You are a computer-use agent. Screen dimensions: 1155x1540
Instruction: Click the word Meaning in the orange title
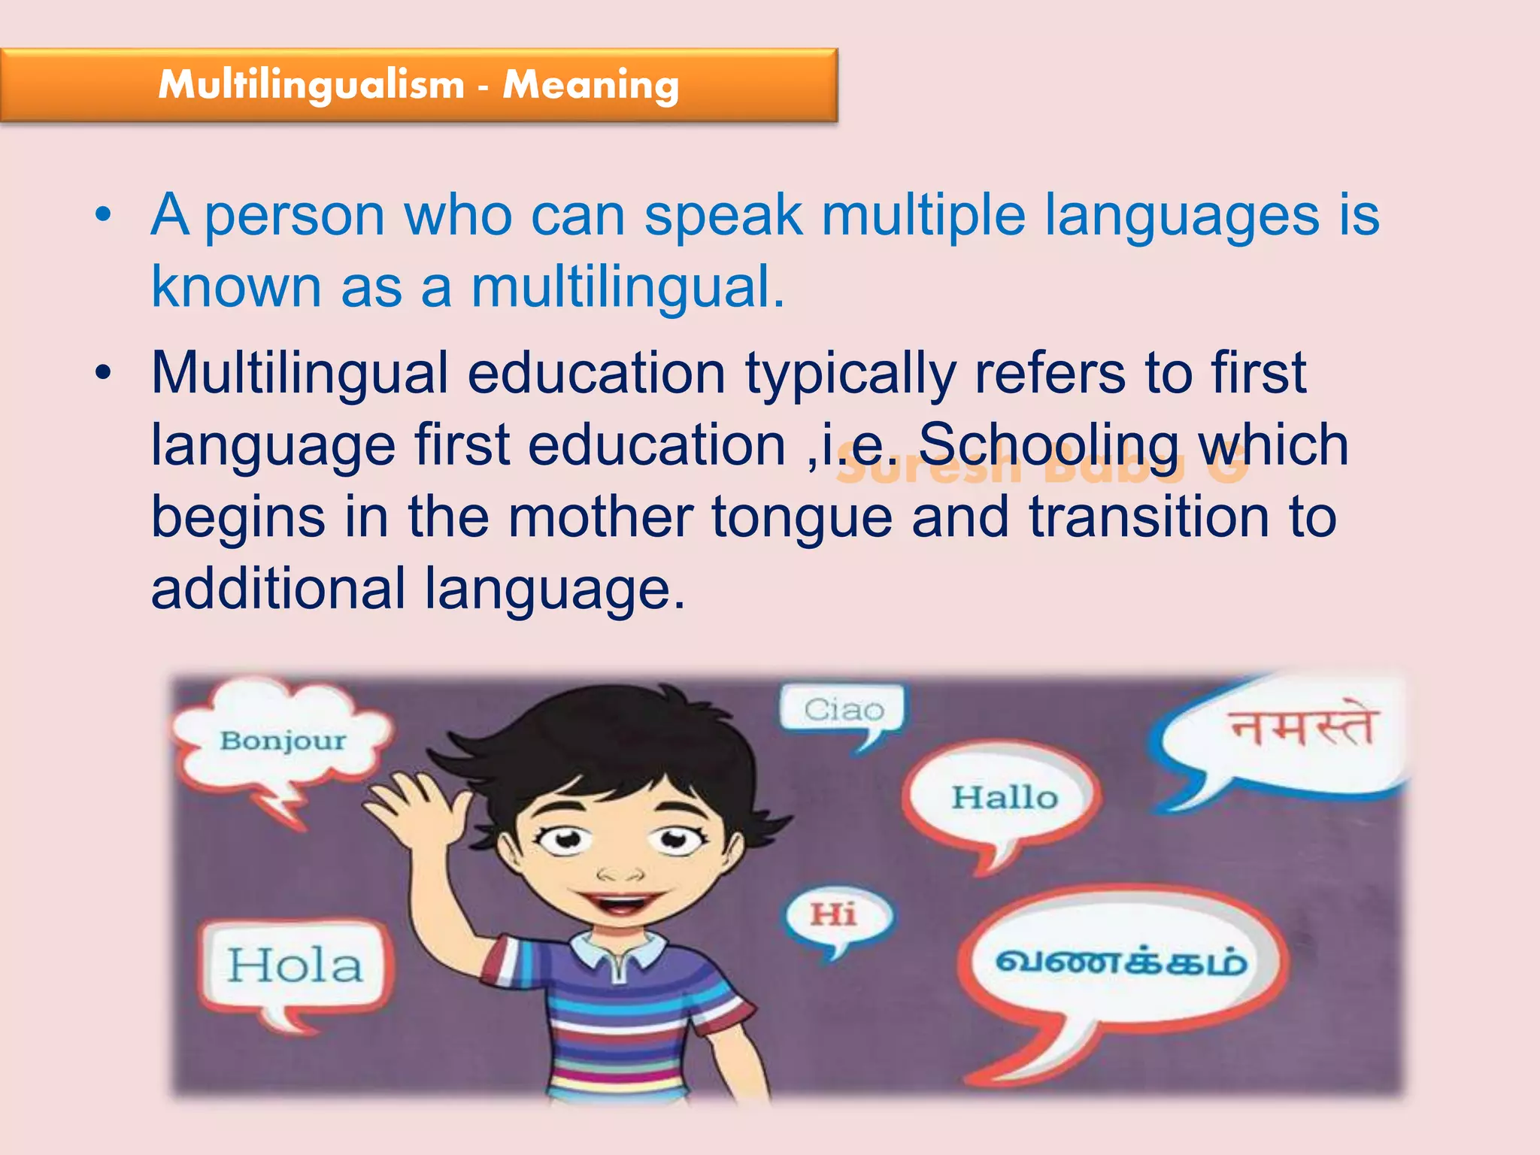coord(591,85)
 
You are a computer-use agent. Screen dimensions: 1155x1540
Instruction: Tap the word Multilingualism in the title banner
coord(311,83)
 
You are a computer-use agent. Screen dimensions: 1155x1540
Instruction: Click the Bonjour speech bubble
coord(283,740)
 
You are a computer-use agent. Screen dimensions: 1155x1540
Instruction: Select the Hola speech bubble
coord(296,966)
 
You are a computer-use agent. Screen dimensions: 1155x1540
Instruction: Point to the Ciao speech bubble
coord(844,709)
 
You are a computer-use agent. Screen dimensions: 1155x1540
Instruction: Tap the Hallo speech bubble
coord(1004,798)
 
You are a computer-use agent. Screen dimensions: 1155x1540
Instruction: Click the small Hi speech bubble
coord(834,915)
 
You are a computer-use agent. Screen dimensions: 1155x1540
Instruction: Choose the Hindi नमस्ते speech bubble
coord(1302,728)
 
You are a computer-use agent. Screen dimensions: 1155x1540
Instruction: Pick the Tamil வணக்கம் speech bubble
coord(1120,962)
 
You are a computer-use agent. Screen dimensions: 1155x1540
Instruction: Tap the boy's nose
coord(620,873)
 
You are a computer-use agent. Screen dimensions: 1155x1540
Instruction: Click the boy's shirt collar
coord(618,953)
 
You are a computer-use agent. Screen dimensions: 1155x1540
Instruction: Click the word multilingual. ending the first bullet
coord(628,287)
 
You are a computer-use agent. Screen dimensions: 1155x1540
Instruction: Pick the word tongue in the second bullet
coord(802,519)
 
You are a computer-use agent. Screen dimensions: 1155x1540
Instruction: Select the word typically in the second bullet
coord(850,374)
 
